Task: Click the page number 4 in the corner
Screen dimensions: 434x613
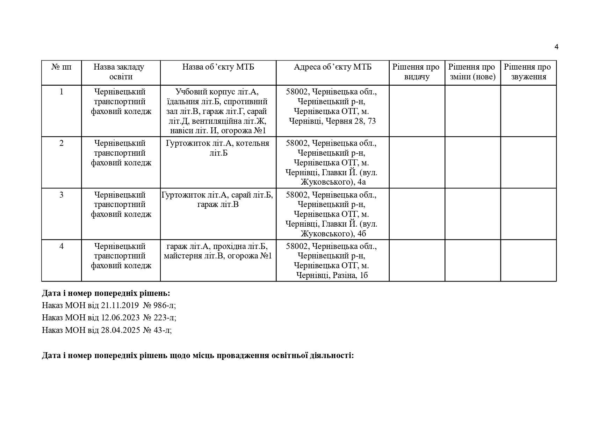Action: pyautogui.click(x=556, y=47)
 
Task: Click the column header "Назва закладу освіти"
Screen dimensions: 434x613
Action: pyautogui.click(x=121, y=72)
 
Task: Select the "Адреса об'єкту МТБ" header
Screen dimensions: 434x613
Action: pyautogui.click(x=332, y=67)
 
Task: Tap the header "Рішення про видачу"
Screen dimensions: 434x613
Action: pyautogui.click(x=417, y=72)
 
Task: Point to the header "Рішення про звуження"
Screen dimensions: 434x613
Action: pyautogui.click(x=528, y=72)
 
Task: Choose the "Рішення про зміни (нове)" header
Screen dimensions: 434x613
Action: pyautogui.click(x=472, y=72)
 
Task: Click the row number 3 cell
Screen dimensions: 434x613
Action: pyautogui.click(x=62, y=195)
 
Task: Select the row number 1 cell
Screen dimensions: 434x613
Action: pyautogui.click(x=62, y=92)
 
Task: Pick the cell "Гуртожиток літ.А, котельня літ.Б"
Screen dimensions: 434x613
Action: pyautogui.click(x=218, y=148)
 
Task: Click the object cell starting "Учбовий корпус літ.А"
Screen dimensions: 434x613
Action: pyautogui.click(x=218, y=111)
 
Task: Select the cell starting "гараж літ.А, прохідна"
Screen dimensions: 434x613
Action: pyautogui.click(x=218, y=251)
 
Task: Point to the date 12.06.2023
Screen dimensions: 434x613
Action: pyautogui.click(x=120, y=318)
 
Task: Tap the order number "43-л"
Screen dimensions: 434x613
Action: pyautogui.click(x=162, y=330)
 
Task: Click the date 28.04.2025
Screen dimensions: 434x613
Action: pyautogui.click(x=120, y=330)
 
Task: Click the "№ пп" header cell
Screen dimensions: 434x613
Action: pyautogui.click(x=62, y=67)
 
